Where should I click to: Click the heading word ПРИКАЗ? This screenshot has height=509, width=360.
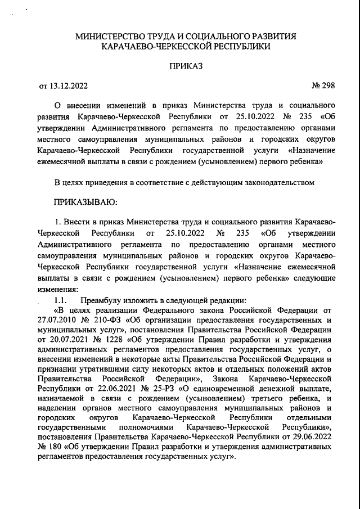(x=186, y=66)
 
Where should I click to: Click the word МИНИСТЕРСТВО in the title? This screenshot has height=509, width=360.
(x=116, y=37)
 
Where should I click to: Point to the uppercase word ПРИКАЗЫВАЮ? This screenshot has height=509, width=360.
(x=85, y=201)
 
